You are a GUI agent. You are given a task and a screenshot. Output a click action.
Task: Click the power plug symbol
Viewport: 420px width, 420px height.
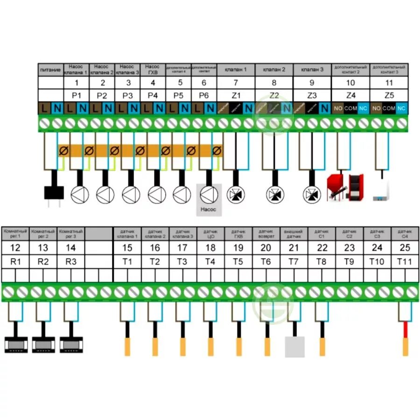(x=54, y=193)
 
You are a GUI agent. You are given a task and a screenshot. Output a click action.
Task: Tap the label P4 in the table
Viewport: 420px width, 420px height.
(x=153, y=96)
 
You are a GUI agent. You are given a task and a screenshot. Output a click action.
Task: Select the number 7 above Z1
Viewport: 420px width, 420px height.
(x=236, y=83)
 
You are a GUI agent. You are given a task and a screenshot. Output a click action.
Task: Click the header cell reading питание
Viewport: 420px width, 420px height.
(x=50, y=70)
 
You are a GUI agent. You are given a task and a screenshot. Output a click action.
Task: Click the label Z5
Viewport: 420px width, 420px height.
(x=389, y=96)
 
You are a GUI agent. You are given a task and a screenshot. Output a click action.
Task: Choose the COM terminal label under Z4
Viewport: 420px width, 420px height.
(x=350, y=109)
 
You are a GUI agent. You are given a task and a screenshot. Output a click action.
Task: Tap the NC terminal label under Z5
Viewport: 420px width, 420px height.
(x=402, y=109)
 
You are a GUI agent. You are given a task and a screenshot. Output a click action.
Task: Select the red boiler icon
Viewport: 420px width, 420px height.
(x=344, y=186)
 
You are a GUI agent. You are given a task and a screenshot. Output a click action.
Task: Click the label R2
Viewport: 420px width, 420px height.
(x=43, y=261)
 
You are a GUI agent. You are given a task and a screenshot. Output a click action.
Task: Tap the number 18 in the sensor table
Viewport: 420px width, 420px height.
(x=210, y=248)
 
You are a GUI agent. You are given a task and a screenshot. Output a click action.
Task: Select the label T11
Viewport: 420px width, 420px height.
(x=404, y=261)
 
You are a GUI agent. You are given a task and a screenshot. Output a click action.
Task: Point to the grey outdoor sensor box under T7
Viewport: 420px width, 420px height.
(x=294, y=347)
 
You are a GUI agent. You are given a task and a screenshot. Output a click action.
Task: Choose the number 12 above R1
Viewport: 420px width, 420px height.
(x=15, y=248)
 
